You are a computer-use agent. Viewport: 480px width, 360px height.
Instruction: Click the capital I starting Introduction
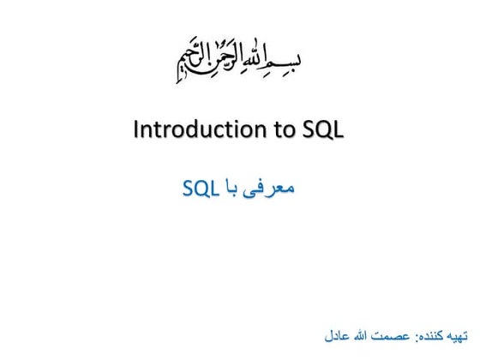point(137,131)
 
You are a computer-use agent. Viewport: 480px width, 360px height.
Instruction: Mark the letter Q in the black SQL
point(325,131)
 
